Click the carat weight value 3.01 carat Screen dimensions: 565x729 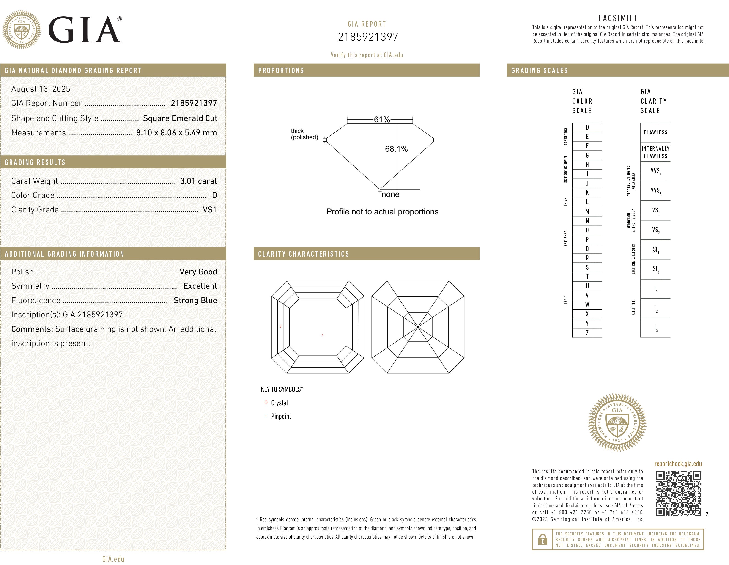tap(198, 181)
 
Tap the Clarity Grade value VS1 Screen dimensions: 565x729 tap(210, 210)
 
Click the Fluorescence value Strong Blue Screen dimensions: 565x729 tap(195, 301)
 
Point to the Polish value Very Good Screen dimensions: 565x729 tap(198, 272)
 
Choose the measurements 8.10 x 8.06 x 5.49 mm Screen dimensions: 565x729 tap(176, 133)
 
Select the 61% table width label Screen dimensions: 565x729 tap(382, 119)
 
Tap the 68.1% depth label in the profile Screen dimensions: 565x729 tap(396, 149)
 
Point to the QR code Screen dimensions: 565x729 tap(678, 494)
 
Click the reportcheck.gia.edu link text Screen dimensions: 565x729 tap(678, 464)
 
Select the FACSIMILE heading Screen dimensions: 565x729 tap(618, 18)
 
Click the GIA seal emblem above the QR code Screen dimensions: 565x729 tap(617, 422)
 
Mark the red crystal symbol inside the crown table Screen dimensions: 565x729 tap(322, 335)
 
